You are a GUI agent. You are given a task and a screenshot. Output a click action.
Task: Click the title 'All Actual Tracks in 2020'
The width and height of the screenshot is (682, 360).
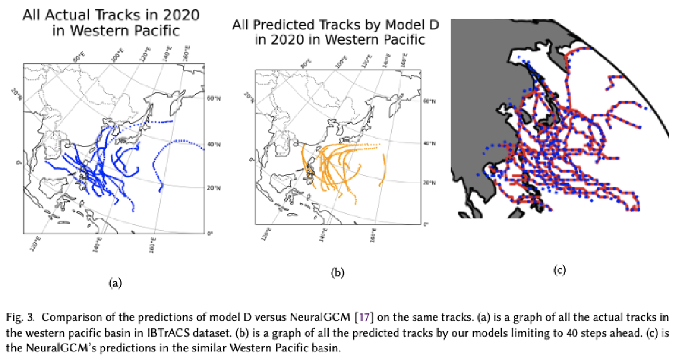tap(111, 15)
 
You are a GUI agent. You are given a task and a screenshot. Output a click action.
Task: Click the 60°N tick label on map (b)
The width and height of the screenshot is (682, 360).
tap(429, 102)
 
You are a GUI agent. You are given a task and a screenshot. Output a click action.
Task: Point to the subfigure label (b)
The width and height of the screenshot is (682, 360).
tap(338, 273)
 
